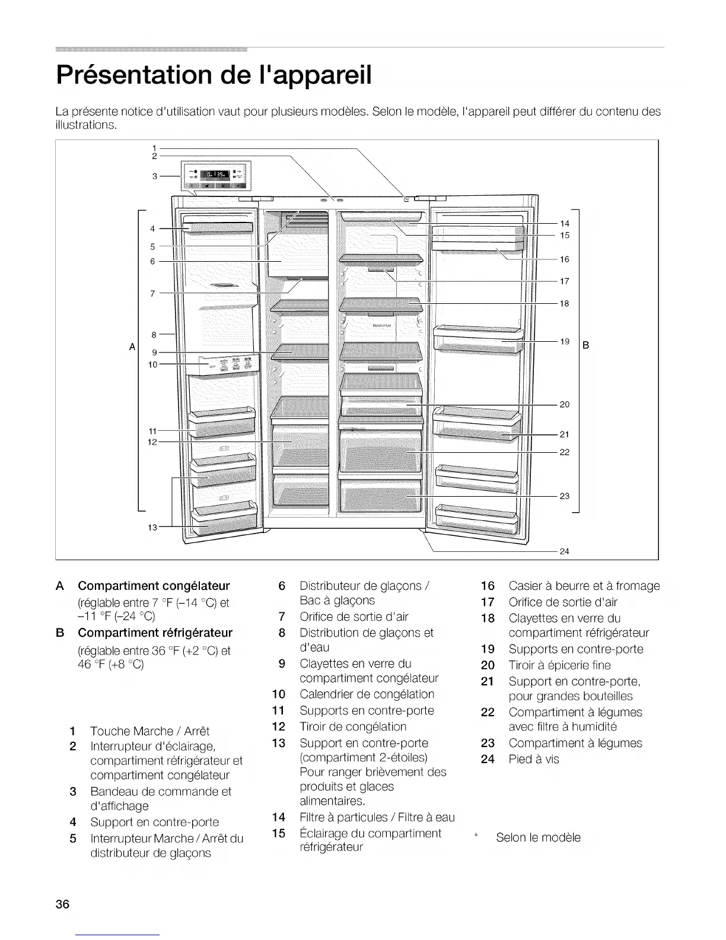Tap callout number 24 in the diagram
(x=564, y=551)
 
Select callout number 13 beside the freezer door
(x=152, y=526)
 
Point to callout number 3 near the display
(x=155, y=176)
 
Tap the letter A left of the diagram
(x=132, y=345)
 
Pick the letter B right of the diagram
(x=586, y=345)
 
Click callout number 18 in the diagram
(x=564, y=303)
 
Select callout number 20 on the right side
(x=564, y=404)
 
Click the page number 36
(x=63, y=904)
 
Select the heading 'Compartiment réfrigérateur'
(x=155, y=632)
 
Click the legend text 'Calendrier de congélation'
(x=367, y=694)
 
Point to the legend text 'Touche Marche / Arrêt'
(x=149, y=731)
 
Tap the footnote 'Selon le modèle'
(x=538, y=837)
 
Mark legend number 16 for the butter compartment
(x=488, y=586)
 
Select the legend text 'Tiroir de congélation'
(x=353, y=726)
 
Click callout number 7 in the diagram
(x=152, y=293)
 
